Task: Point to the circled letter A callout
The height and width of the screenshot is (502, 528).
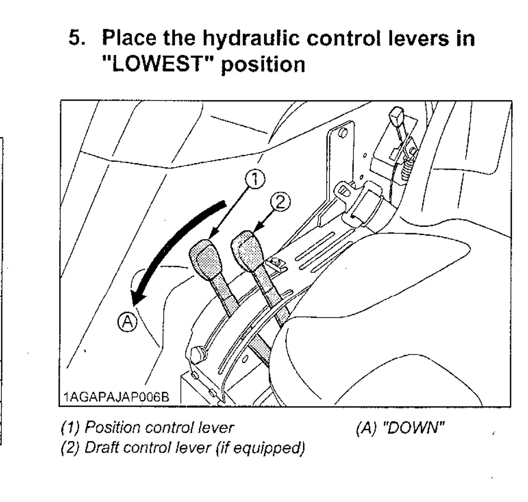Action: coord(127,321)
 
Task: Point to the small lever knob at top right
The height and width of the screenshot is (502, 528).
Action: coord(396,118)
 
